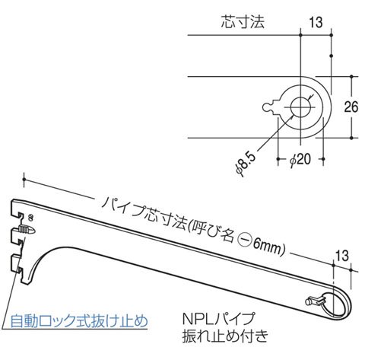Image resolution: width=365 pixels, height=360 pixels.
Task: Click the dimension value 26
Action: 351,107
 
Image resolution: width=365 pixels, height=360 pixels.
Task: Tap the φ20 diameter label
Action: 300,159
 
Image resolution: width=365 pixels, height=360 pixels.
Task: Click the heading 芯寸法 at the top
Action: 243,21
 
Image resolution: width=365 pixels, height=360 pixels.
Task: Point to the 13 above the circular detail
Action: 316,22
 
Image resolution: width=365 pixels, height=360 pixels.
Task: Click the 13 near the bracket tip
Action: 342,256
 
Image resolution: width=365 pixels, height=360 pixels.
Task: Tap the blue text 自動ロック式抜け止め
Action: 79,321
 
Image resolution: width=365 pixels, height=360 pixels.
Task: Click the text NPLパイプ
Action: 218,318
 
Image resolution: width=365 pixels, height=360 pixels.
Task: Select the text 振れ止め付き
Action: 225,336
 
